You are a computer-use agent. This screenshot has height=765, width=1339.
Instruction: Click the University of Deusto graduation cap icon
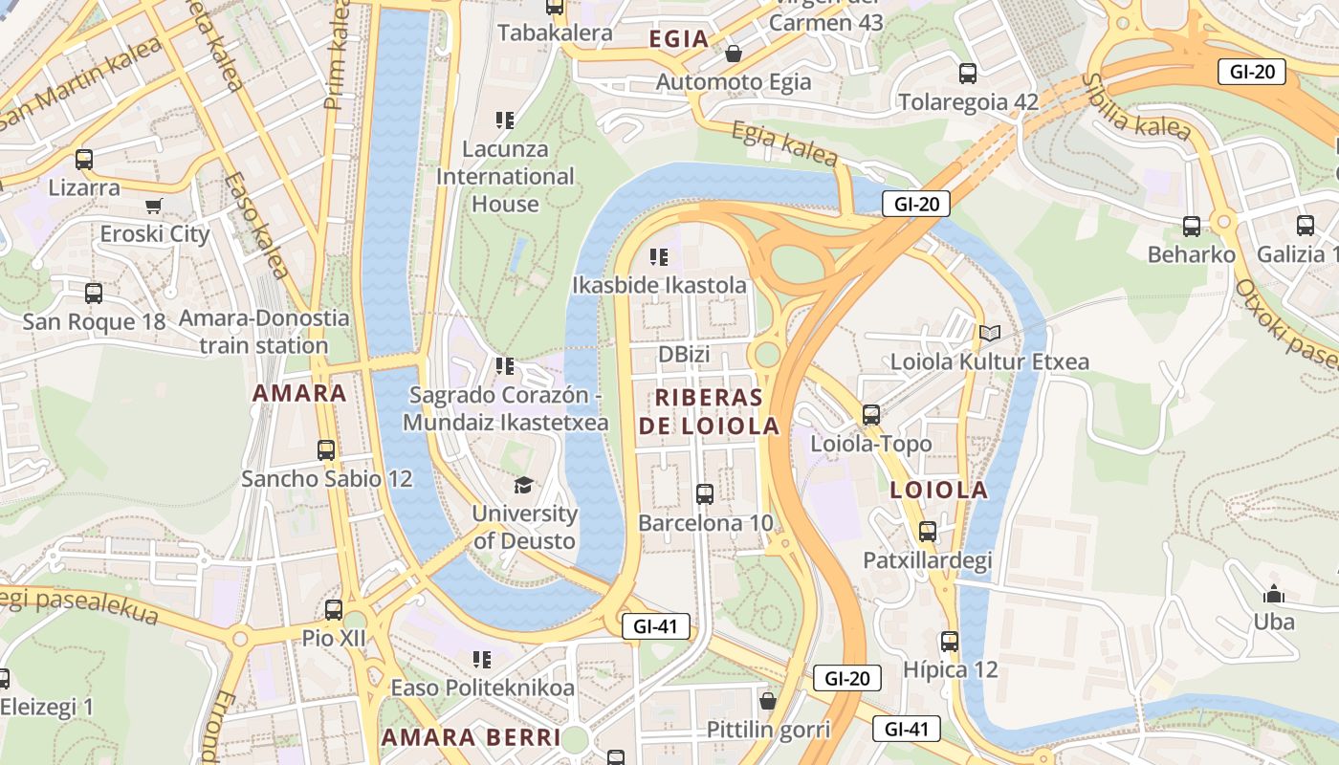[x=523, y=486]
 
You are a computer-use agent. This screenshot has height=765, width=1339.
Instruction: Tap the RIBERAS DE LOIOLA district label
[x=709, y=412]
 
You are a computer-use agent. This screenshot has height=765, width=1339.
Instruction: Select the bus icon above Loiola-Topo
[x=870, y=415]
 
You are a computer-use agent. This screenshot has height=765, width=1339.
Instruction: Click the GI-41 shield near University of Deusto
[x=655, y=627]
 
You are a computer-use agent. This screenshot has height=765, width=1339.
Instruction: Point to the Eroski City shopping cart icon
[x=154, y=206]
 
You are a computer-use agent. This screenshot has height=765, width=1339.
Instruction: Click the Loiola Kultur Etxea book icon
[x=989, y=333]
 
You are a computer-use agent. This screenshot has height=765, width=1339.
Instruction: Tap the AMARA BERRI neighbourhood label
[x=471, y=737]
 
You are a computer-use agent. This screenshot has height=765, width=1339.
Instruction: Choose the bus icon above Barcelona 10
[x=705, y=494]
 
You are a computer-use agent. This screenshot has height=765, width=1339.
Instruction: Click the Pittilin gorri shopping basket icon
[x=767, y=701]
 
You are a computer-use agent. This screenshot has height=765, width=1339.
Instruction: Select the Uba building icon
[x=1273, y=594]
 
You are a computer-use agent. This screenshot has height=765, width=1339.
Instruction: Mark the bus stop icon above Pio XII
[x=334, y=609]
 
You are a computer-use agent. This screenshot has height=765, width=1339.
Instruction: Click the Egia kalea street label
[x=785, y=143]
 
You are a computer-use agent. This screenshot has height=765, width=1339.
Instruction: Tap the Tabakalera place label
[x=555, y=33]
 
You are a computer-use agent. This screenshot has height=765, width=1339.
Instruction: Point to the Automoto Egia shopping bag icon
[x=734, y=54]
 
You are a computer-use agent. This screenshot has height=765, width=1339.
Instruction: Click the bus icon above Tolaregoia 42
[x=968, y=74]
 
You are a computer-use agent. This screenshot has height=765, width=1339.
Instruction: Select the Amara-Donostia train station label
[x=264, y=332]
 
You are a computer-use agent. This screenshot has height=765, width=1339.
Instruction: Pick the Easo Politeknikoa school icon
[x=482, y=659]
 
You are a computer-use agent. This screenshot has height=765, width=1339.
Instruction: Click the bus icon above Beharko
[x=1192, y=227]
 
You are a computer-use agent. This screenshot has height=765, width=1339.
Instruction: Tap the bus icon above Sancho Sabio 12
[x=326, y=449]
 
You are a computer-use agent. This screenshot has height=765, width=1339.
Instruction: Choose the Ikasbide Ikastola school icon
[x=659, y=256]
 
